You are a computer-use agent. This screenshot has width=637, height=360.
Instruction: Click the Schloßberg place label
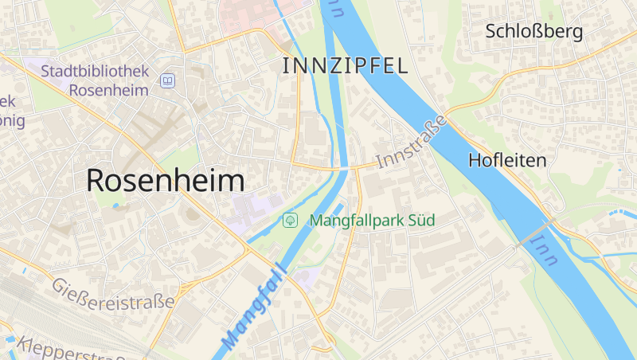click(534, 32)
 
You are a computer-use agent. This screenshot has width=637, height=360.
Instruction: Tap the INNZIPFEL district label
click(345, 66)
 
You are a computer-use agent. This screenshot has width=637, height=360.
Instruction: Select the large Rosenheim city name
click(165, 180)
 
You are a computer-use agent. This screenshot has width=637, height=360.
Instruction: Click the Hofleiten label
click(508, 160)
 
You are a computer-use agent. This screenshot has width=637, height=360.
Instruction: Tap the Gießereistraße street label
click(112, 295)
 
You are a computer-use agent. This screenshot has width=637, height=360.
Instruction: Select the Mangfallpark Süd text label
click(372, 220)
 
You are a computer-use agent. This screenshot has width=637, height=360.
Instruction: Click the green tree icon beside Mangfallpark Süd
click(291, 220)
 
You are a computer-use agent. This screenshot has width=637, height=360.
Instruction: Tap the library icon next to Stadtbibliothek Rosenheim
click(167, 80)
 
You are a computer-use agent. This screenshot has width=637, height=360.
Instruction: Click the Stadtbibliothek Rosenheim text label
click(96, 80)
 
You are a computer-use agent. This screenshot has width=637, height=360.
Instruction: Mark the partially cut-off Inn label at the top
click(338, 8)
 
